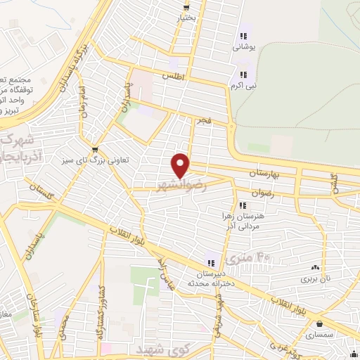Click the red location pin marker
(181, 165)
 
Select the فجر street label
(204, 121)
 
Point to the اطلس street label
(171, 75)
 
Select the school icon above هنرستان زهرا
(243, 205)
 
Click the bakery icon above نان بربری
(315, 267)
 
